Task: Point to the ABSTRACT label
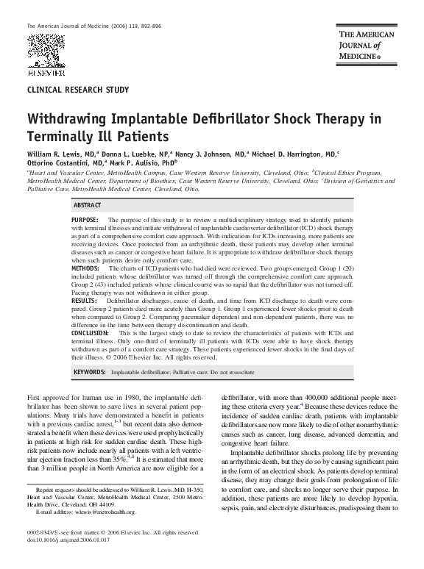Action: tap(87, 205)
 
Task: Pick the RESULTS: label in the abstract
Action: tap(85, 301)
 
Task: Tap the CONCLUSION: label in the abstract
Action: tap(91, 333)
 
